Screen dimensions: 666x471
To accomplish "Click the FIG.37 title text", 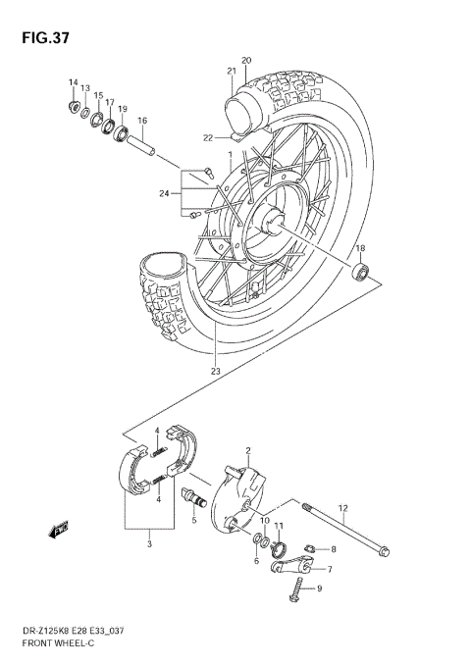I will (40, 37).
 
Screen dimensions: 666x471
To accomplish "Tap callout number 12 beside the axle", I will (343, 507).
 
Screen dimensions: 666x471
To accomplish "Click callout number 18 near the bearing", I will (360, 248).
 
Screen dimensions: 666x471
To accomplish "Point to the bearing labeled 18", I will (362, 272).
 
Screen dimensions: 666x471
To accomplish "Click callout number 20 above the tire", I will (246, 60).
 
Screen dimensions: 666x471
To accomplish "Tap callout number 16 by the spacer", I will (142, 121).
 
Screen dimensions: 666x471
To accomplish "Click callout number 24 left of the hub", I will (165, 193).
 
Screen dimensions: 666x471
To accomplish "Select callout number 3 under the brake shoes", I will (148, 542).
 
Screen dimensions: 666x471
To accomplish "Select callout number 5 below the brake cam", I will (193, 520).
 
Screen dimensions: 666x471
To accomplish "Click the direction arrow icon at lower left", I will (58, 531).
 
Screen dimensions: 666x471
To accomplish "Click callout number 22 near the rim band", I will (207, 136).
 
